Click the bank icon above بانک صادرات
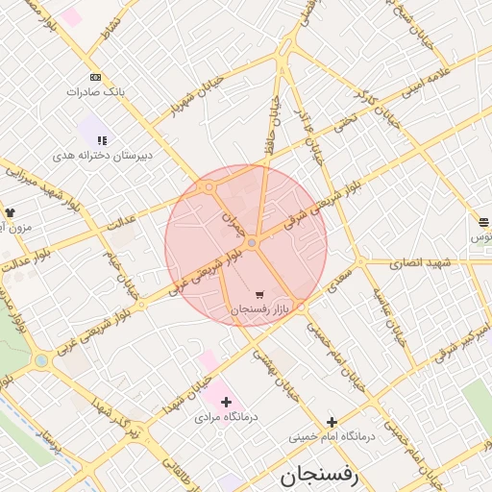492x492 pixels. click(95, 77)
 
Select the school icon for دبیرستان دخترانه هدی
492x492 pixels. click(102, 140)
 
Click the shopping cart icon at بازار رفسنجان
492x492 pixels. click(259, 295)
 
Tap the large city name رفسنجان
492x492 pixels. click(319, 475)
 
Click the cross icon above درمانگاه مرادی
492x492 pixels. click(227, 402)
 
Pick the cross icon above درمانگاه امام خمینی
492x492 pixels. click(332, 421)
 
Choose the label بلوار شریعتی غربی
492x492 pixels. click(203, 272)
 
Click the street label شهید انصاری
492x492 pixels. click(421, 262)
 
